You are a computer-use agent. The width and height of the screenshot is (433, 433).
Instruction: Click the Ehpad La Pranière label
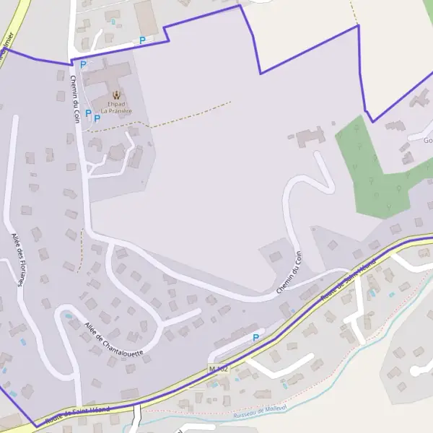[x=116, y=107]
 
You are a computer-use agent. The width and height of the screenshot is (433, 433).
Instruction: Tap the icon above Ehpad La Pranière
[x=116, y=95]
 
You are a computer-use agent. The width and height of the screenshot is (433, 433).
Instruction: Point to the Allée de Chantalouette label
[x=114, y=338]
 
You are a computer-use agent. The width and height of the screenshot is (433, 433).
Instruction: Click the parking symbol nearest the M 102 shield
[x=255, y=337]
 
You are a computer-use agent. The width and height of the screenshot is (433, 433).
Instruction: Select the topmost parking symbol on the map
[x=142, y=40]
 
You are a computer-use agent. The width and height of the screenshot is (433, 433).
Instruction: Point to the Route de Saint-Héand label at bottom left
[x=77, y=414]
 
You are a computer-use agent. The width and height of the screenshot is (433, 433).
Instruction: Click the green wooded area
[x=379, y=170]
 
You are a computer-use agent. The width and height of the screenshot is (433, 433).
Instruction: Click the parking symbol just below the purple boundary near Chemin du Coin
[x=83, y=65]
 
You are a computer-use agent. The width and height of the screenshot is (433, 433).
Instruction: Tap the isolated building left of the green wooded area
[x=310, y=136]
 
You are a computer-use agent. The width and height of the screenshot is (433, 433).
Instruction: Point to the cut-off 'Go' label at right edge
[x=427, y=141]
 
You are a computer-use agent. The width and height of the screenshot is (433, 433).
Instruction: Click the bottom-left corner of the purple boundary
[x=34, y=427]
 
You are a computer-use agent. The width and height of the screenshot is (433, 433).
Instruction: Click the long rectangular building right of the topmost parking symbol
[x=146, y=16]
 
